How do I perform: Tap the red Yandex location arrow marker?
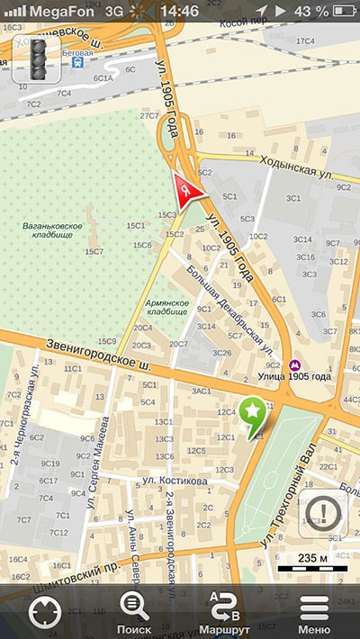pos(186,191)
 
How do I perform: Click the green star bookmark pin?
pos(254,414)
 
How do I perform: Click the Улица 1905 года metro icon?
pos(294,364)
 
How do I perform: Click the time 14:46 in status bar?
pos(179,10)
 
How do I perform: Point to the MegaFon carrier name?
pos(64,10)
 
